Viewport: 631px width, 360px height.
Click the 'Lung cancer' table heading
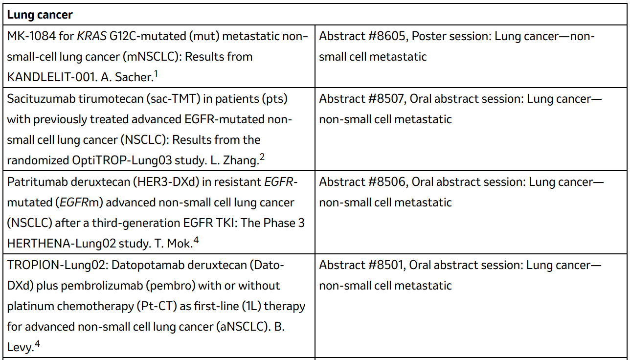pyautogui.click(x=40, y=15)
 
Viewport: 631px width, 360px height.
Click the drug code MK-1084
pyautogui.click(x=31, y=36)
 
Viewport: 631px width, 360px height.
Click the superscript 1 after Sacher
pyautogui.click(x=156, y=74)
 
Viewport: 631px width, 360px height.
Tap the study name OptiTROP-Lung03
pyautogui.click(x=122, y=160)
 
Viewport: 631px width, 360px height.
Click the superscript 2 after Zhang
pyautogui.click(x=262, y=157)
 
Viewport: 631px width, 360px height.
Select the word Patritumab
pyautogui.click(x=36, y=182)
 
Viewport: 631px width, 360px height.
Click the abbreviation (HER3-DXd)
pyautogui.click(x=166, y=182)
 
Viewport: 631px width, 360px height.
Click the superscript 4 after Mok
pyautogui.click(x=196, y=240)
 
